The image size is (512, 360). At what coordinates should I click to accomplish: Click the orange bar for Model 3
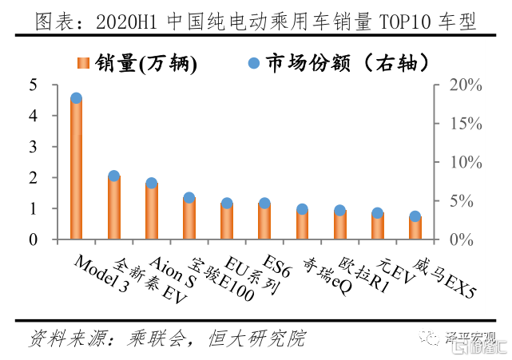click(x=76, y=169)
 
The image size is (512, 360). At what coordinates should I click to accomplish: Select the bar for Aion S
click(x=152, y=212)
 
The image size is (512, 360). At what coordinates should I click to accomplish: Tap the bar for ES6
click(x=264, y=221)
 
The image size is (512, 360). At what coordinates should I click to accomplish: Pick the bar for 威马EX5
click(x=415, y=227)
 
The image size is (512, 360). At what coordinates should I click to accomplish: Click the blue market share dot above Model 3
click(x=76, y=99)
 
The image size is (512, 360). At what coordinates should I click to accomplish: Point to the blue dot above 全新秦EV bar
click(x=113, y=176)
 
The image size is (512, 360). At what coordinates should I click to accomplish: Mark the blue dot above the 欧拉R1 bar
click(x=340, y=211)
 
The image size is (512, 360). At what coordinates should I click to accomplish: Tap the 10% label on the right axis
click(x=464, y=162)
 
